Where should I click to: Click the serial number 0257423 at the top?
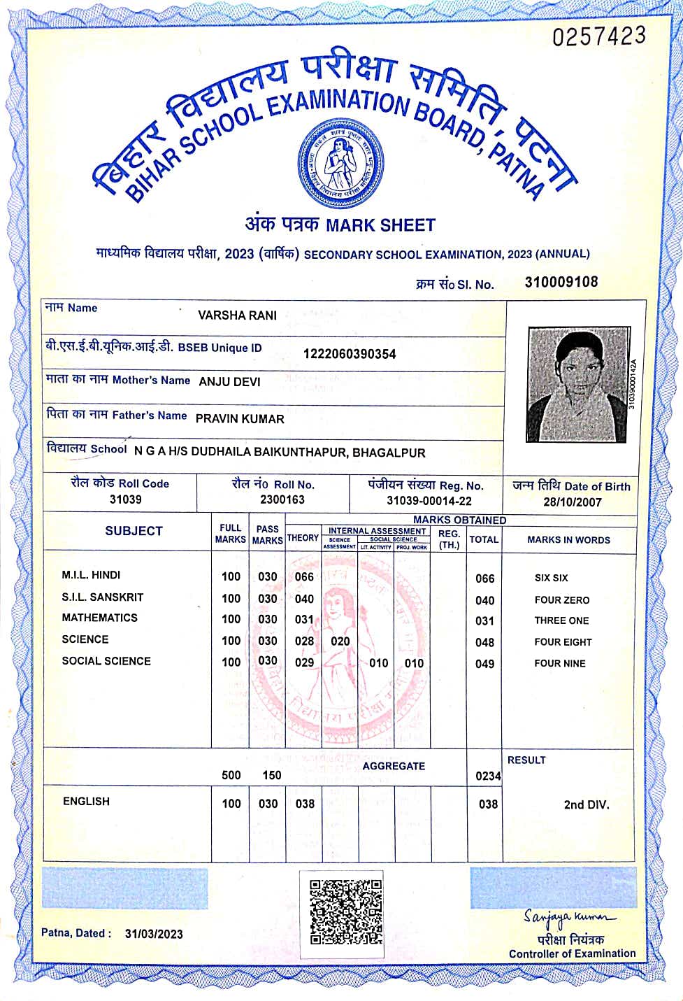click(x=599, y=36)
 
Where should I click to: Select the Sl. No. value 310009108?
click(x=561, y=282)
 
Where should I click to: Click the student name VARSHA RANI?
click(x=237, y=315)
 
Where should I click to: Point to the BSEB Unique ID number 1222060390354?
click(x=349, y=354)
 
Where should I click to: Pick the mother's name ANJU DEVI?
click(x=229, y=382)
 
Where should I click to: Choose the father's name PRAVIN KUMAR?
click(x=240, y=419)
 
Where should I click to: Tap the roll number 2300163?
click(x=282, y=499)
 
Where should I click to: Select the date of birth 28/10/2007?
click(x=572, y=502)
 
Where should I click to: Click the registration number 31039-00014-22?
click(x=429, y=501)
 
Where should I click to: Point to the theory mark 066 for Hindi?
click(x=304, y=577)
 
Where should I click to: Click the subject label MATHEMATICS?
click(x=99, y=618)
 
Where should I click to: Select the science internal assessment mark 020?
click(x=340, y=641)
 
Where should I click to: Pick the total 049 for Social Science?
click(x=484, y=664)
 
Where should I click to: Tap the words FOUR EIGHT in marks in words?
click(x=563, y=642)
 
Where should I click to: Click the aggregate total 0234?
click(x=488, y=776)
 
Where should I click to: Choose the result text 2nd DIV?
click(x=587, y=805)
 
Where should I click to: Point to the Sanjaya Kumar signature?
click(x=569, y=917)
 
